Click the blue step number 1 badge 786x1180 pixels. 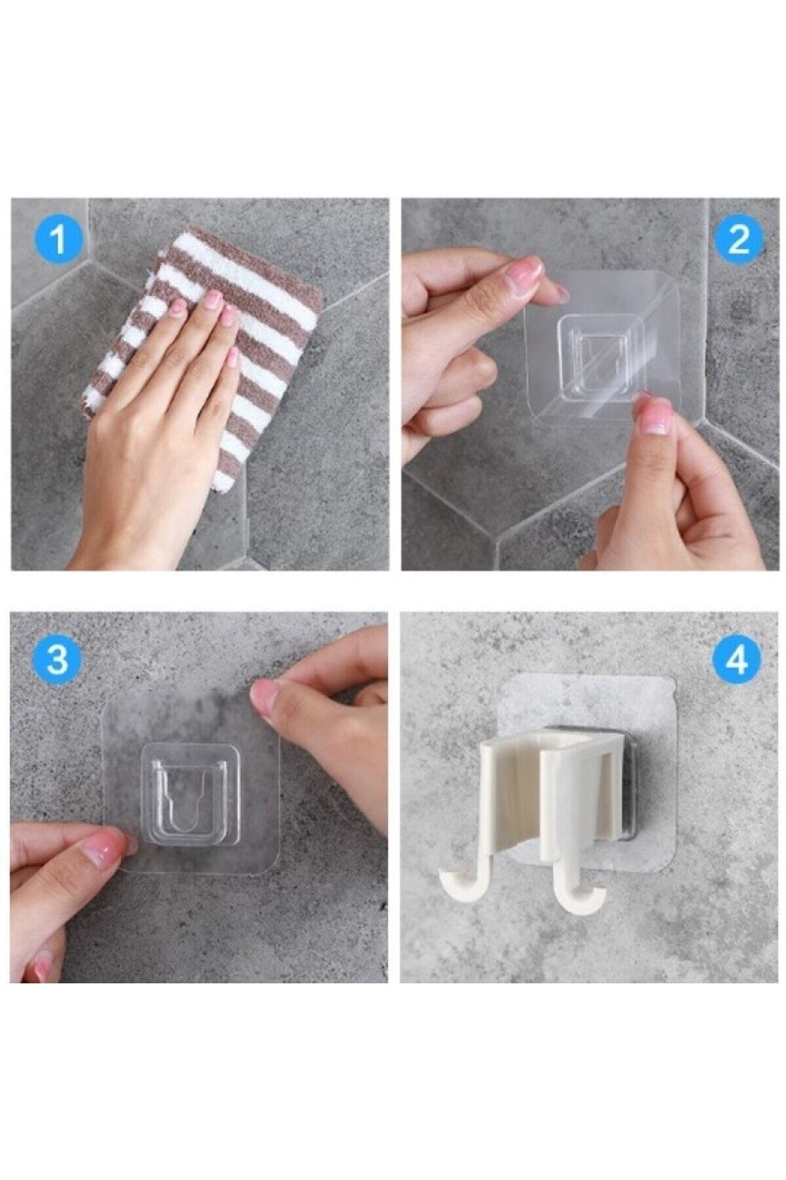[58, 239]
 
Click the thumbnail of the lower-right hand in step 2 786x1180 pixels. [655, 417]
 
